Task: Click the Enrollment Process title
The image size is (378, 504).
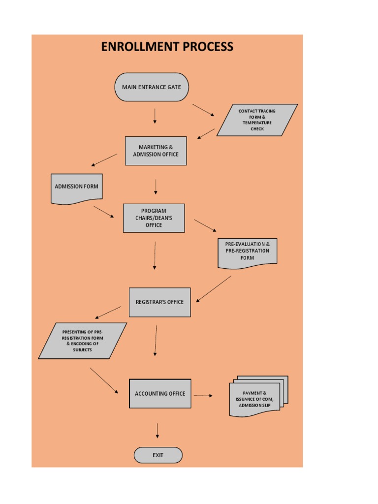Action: pyautogui.click(x=167, y=47)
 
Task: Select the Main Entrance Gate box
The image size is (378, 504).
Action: pyautogui.click(x=152, y=87)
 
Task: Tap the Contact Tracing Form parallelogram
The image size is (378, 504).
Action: pyautogui.click(x=257, y=120)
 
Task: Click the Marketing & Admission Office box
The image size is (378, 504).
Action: pyautogui.click(x=156, y=151)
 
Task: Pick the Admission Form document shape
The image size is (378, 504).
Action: pyautogui.click(x=76, y=188)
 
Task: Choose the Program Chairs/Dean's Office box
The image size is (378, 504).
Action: pyautogui.click(x=154, y=218)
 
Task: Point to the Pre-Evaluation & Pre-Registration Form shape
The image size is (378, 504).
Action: pyautogui.click(x=247, y=252)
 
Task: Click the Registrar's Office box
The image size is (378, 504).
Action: pyautogui.click(x=159, y=302)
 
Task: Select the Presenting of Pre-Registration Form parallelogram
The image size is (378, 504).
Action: pyautogui.click(x=82, y=341)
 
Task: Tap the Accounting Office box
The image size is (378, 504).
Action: pyautogui.click(x=160, y=394)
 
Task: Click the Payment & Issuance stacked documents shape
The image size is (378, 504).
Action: pyautogui.click(x=257, y=398)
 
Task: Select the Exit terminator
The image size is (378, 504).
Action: pyautogui.click(x=158, y=455)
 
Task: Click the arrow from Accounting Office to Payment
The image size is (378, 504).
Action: pyautogui.click(x=203, y=395)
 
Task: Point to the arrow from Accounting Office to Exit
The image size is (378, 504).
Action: pyautogui.click(x=157, y=430)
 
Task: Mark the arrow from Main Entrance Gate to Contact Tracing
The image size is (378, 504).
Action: pyautogui.click(x=203, y=110)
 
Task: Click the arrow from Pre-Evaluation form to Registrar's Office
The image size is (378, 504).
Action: pyautogui.click(x=214, y=289)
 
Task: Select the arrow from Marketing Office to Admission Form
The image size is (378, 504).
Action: pyautogui.click(x=104, y=160)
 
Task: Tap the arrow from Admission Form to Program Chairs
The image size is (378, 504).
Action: pyautogui.click(x=104, y=212)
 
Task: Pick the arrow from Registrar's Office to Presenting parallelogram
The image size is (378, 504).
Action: pyautogui.click(x=108, y=313)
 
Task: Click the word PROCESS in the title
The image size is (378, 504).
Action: pyautogui.click(x=207, y=47)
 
